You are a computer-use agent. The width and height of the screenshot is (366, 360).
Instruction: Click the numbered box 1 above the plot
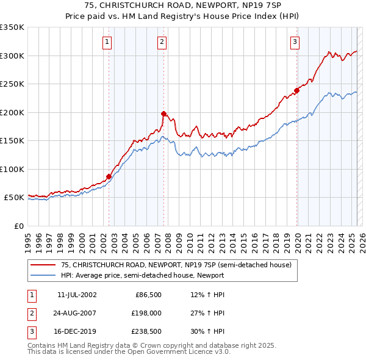point(107,42)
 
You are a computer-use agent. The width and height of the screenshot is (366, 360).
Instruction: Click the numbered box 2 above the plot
point(162,42)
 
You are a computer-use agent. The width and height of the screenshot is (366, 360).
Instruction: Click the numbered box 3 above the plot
point(295,42)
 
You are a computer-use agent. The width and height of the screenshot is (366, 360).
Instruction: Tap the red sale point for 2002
point(109,177)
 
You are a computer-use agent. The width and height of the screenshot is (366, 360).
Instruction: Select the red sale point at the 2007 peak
point(164,113)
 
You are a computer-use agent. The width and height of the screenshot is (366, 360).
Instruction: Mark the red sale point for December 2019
point(297,90)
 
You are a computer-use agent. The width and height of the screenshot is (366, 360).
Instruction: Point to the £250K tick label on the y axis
point(12,84)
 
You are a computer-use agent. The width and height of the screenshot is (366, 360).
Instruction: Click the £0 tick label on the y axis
point(18,226)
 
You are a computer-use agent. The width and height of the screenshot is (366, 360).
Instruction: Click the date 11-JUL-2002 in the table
point(77,295)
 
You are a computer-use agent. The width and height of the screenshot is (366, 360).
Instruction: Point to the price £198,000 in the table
point(145,313)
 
